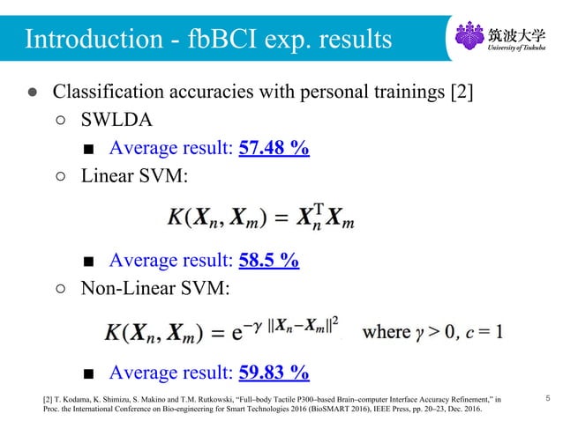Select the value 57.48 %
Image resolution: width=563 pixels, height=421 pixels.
tap(274, 147)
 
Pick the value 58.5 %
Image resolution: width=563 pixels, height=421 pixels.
tap(268, 260)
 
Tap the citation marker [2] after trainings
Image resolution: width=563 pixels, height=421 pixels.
tap(461, 92)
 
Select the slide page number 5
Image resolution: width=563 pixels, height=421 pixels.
tap(547, 400)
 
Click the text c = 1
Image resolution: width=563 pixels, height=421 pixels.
tap(485, 332)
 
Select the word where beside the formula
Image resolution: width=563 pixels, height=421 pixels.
tap(387, 332)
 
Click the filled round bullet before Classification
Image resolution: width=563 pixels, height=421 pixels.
tap(31, 92)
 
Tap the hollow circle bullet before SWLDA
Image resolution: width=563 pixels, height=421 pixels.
tap(60, 120)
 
